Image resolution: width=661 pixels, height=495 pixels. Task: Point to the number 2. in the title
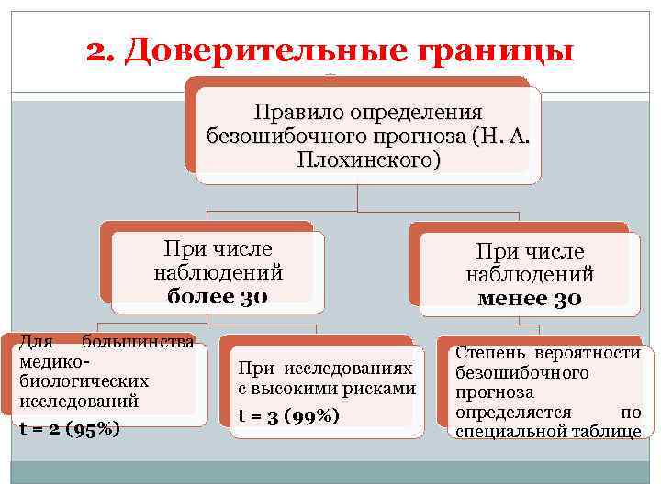pyautogui.click(x=102, y=51)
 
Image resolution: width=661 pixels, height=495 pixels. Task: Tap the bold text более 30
pyautogui.click(x=218, y=296)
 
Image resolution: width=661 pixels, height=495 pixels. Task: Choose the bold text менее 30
pyautogui.click(x=530, y=299)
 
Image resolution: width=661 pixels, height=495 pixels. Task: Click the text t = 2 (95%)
pyautogui.click(x=70, y=427)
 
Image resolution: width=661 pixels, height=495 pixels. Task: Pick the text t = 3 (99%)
pyautogui.click(x=289, y=415)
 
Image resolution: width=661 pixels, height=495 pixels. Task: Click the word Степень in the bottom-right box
pyautogui.click(x=487, y=352)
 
